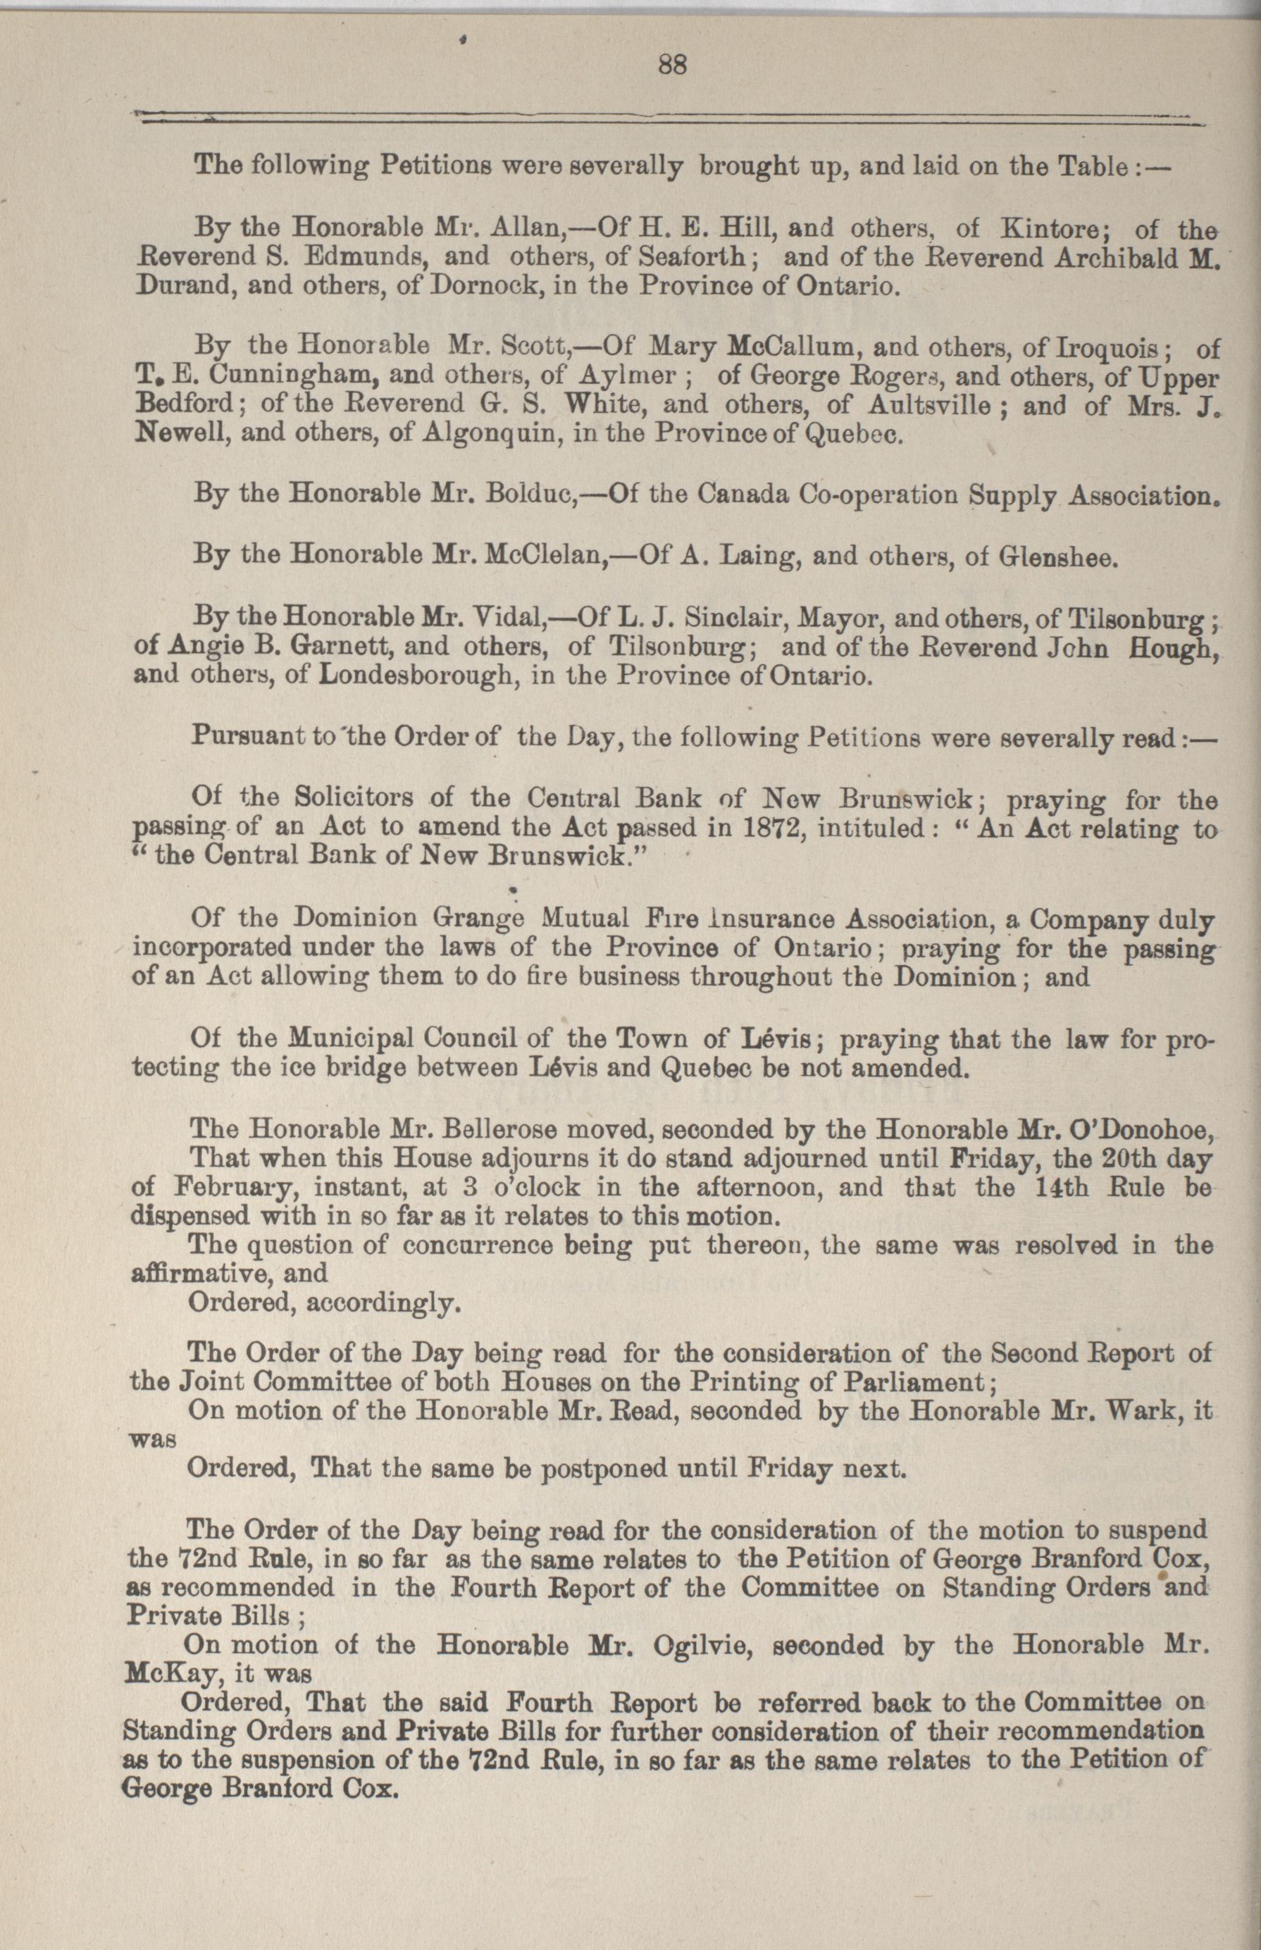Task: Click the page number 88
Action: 671,65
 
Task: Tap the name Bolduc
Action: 533,495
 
